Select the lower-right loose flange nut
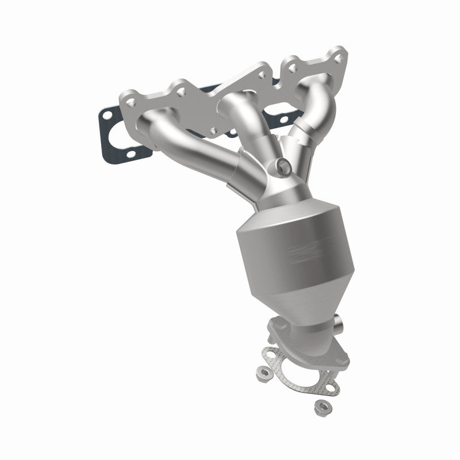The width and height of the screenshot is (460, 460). coord(323,407)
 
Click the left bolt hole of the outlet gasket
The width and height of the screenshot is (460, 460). coord(271,355)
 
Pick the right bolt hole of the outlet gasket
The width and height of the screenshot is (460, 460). coord(331,388)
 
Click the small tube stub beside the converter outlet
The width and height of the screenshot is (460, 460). coord(338,324)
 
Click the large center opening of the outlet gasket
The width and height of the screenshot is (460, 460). coord(299,372)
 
